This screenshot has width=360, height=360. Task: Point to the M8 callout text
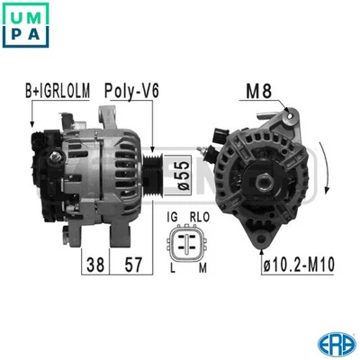coord(258,90)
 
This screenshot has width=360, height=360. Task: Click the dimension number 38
coord(94,264)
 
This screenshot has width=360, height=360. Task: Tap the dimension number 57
coord(131,264)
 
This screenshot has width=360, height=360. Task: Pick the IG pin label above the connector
coord(173,217)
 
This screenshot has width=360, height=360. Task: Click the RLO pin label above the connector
coord(200,217)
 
